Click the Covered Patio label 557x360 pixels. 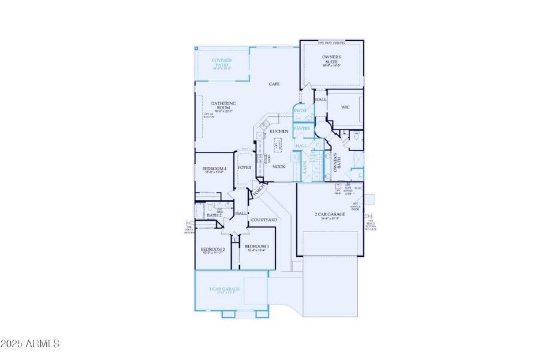point(222,63)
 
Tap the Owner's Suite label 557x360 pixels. point(332,58)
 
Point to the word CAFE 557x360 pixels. point(275,84)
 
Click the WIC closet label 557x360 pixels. point(345,108)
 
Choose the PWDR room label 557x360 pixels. point(300,111)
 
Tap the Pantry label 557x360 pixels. point(302,128)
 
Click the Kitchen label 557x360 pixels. point(279,131)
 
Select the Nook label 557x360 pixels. point(279,166)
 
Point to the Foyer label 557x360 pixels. point(245,168)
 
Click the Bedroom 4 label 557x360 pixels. point(214,170)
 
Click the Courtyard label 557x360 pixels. point(264,220)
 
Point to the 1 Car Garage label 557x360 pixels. point(224,289)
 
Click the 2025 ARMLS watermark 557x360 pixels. point(30,344)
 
